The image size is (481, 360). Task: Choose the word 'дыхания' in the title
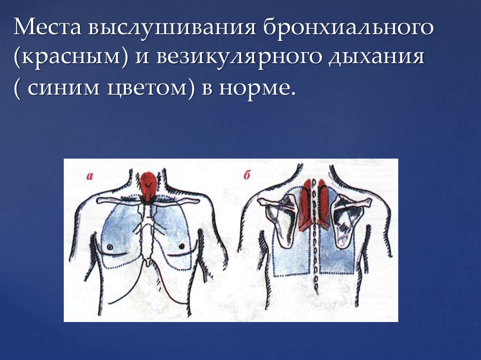(x=381, y=61)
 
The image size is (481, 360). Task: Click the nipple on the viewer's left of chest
(x=109, y=246)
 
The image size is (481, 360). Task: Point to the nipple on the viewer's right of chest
(x=181, y=246)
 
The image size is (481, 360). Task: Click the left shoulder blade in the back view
(x=282, y=221)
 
